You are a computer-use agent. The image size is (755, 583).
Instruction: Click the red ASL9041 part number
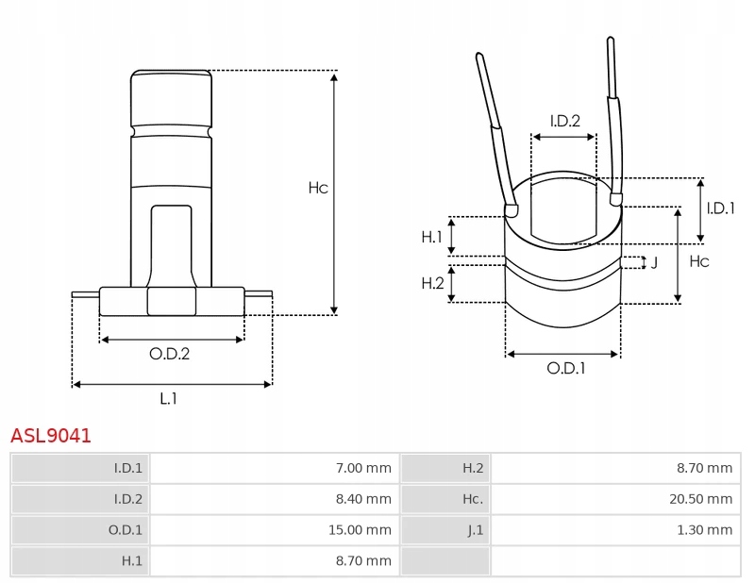tap(51, 435)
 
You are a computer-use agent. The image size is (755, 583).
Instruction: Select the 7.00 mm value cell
tap(363, 468)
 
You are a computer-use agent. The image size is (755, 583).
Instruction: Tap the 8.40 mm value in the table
tap(363, 499)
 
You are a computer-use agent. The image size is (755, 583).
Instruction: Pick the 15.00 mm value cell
tap(360, 530)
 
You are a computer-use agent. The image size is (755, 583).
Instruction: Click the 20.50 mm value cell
tap(701, 499)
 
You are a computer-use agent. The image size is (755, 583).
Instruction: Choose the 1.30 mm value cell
tap(705, 530)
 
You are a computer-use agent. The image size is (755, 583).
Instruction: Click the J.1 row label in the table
tap(475, 530)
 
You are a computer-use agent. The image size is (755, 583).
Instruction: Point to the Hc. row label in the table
tap(473, 499)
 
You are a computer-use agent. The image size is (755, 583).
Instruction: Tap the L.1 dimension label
tap(169, 398)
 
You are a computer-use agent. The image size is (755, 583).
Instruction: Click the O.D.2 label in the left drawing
tap(170, 354)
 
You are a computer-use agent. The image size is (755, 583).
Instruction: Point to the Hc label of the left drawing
tap(318, 188)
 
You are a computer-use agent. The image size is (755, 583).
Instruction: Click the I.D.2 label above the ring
tap(564, 121)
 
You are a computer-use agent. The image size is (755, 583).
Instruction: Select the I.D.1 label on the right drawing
tap(720, 208)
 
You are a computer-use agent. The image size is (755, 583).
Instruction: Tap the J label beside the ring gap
tap(654, 262)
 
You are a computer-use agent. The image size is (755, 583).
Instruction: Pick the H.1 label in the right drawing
tap(431, 237)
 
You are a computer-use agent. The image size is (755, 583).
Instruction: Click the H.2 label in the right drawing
tap(431, 283)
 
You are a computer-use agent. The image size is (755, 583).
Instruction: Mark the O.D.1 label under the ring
tap(565, 369)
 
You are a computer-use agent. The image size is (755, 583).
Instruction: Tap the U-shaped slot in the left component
tap(171, 244)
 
